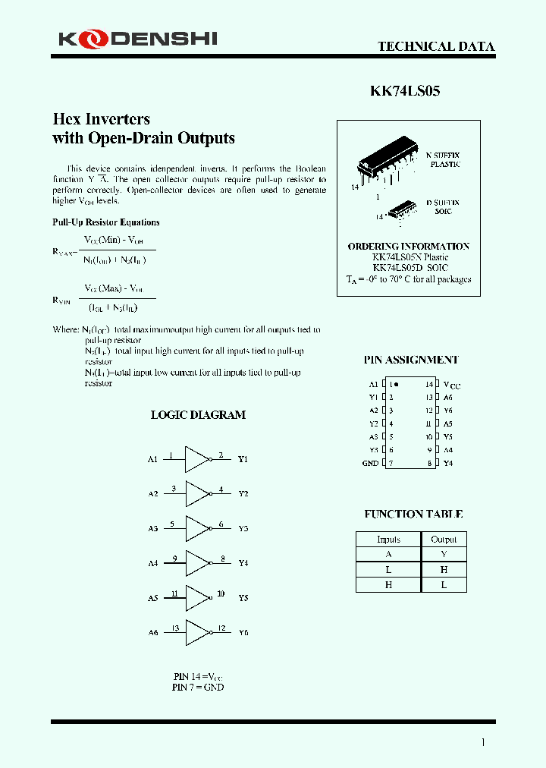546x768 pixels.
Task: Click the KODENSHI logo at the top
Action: (136, 38)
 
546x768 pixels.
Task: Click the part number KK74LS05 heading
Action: (404, 91)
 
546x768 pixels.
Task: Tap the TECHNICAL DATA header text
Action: (436, 46)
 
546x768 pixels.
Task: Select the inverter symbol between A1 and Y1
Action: (197, 459)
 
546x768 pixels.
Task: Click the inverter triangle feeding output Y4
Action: (197, 563)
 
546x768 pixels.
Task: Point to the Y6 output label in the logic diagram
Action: (243, 632)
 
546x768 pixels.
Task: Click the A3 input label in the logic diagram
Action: (152, 528)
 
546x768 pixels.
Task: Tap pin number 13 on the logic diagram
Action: (175, 628)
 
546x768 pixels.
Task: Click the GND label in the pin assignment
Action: (370, 463)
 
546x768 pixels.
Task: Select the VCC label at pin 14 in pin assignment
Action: (451, 385)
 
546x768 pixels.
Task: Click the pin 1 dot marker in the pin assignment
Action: (396, 385)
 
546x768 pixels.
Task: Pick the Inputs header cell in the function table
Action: (388, 540)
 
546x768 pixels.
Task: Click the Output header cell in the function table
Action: (444, 540)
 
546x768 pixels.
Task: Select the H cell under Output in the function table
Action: (444, 569)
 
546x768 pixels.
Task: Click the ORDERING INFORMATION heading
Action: (408, 247)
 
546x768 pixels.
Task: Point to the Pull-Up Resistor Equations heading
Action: (105, 222)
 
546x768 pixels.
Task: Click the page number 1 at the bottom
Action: (483, 742)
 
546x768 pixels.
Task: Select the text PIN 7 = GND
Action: (197, 687)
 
